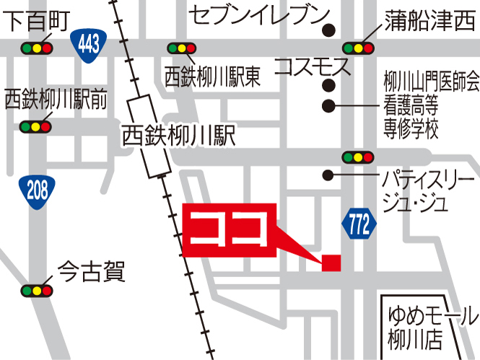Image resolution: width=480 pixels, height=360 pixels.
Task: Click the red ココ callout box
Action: point(231,230)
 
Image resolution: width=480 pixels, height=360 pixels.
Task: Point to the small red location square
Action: point(331,263)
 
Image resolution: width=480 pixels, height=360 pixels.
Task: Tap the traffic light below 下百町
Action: point(38,48)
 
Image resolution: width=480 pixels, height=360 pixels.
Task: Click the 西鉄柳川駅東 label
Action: point(212,76)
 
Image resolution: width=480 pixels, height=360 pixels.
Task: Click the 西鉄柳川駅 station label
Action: point(178,135)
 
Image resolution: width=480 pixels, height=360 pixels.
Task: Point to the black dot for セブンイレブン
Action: point(330,30)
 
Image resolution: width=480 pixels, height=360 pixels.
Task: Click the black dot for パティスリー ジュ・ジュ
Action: point(329,175)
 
